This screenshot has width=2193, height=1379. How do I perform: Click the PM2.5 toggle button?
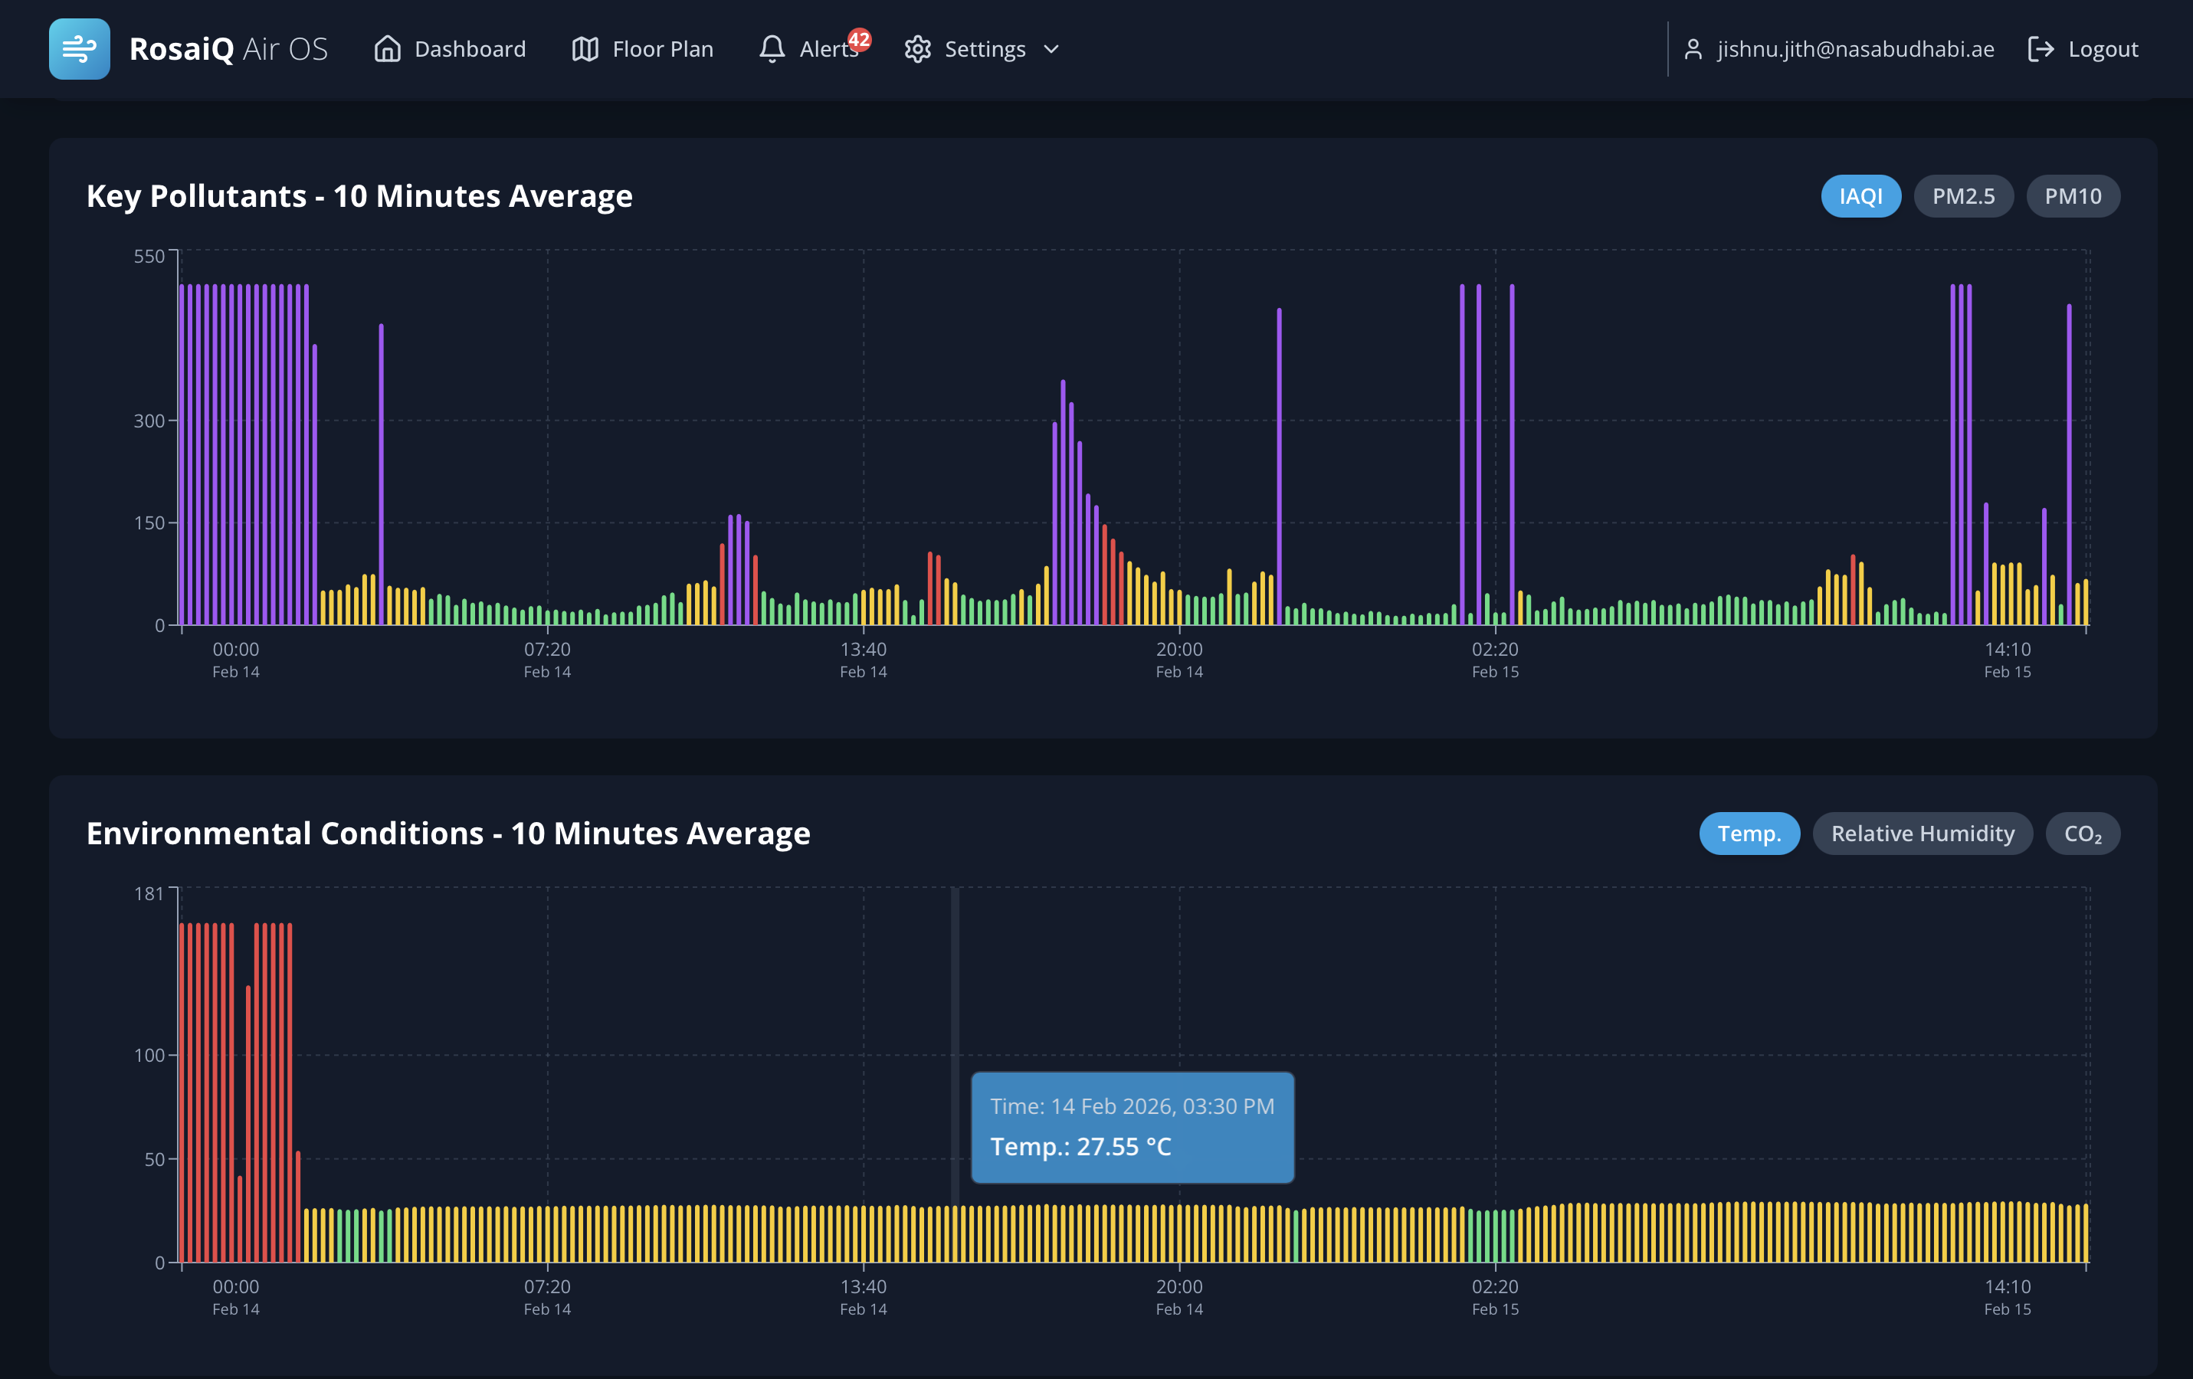pos(1962,196)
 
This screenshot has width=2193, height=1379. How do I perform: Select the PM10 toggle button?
pos(2072,196)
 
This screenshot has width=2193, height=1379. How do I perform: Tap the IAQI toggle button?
pos(1860,196)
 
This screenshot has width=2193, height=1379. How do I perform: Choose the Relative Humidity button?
pos(1922,834)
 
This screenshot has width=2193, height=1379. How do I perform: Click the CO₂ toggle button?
pos(2082,834)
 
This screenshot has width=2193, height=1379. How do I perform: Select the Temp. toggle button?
pos(1749,834)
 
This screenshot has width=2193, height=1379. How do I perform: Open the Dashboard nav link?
pos(450,49)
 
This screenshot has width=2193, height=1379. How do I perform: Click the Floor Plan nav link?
pos(642,49)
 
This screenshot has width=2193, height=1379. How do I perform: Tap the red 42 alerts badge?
pos(859,39)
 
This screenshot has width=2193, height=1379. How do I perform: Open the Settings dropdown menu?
pos(982,49)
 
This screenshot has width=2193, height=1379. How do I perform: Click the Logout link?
pos(2083,49)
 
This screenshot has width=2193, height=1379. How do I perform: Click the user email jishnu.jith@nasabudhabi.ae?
pos(1854,49)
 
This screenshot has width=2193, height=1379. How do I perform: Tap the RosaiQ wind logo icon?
pos(79,49)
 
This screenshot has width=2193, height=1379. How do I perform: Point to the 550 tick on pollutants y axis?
pos(149,257)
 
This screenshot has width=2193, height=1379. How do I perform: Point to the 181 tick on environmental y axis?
pos(149,893)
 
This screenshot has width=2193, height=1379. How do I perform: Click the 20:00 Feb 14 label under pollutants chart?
pos(1178,660)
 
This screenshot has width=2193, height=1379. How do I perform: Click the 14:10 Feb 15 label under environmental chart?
pos(2008,1296)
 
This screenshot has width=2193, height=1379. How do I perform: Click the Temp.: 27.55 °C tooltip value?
pos(1080,1147)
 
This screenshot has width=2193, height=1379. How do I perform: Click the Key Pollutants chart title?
pos(359,196)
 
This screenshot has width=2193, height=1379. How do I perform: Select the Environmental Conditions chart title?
pos(448,834)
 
